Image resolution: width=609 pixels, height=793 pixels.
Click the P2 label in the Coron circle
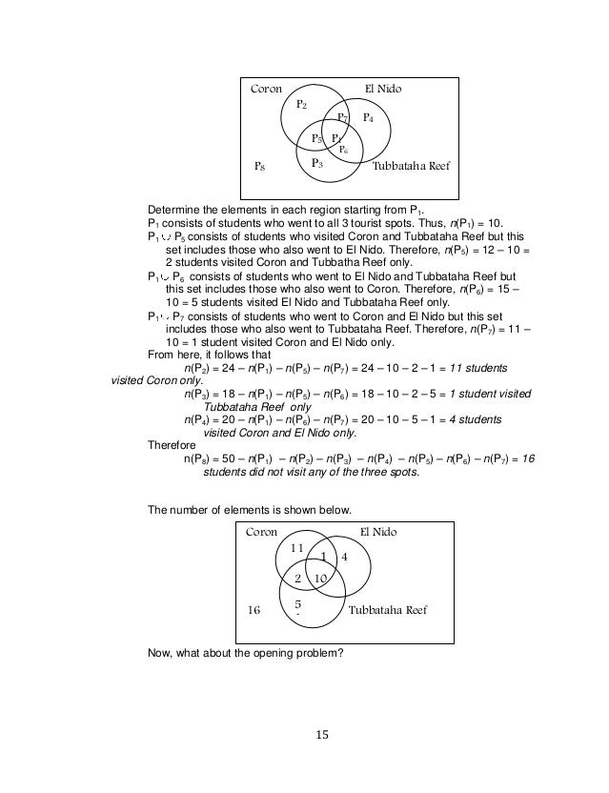click(x=300, y=104)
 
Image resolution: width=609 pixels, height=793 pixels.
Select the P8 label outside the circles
click(x=258, y=167)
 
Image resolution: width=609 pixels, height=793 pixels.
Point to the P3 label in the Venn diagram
click(x=317, y=164)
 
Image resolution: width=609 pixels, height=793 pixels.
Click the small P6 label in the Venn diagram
click(x=343, y=150)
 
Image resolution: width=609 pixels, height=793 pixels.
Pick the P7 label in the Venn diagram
click(x=343, y=118)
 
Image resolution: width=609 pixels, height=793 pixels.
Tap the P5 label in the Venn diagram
click(x=317, y=139)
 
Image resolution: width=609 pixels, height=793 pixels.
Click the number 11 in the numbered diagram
click(x=296, y=548)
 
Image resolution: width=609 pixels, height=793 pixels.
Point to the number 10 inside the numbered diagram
click(x=320, y=579)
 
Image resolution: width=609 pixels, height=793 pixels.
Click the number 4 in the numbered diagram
click(x=345, y=557)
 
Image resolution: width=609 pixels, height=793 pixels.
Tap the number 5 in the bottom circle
click(x=297, y=604)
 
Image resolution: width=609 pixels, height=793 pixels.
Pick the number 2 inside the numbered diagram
click(x=297, y=579)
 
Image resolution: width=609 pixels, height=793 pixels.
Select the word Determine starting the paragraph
click(x=175, y=210)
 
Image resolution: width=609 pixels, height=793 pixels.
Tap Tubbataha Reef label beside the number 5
click(x=388, y=609)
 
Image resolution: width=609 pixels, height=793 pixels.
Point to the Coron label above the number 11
click(x=261, y=532)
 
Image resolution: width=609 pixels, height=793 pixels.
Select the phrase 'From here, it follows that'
click(x=204, y=352)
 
